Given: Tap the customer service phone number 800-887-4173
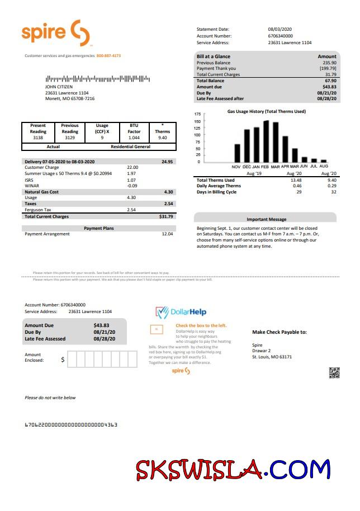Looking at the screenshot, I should coord(108,56).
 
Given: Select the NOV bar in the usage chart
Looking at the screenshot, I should coord(237,153).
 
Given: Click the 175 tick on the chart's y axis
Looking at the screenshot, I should coord(197,114).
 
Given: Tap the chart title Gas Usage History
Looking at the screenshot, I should coord(266,111).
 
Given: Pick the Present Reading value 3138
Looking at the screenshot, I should coord(38,137).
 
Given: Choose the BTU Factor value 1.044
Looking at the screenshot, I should coord(134,137).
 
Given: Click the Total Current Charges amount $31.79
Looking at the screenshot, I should coord(166,216).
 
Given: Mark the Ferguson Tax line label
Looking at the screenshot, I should coord(39,210).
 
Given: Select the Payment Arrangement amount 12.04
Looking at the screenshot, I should coord(167,234).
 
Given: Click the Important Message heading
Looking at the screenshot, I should coord(266,219).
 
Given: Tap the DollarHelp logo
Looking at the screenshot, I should coord(181,312).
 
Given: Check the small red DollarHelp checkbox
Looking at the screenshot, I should coord(157,329).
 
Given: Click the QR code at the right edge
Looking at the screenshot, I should coord(334,373).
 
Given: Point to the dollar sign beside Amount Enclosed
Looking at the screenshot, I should coord(63,359).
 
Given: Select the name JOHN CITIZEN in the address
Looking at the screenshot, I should coord(59,87).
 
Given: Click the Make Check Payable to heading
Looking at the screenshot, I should coord(279,332).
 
